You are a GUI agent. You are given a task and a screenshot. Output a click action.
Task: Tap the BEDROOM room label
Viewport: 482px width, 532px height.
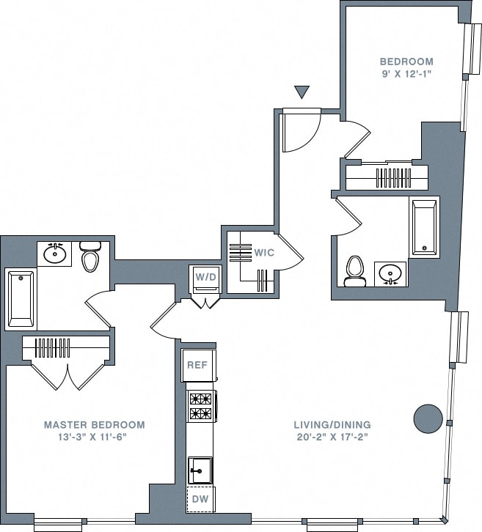[x=406, y=62]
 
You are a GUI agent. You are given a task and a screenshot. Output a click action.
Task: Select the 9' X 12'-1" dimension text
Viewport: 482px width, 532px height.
[x=406, y=74]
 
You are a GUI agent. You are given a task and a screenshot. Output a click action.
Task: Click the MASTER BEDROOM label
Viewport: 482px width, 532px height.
[x=94, y=424]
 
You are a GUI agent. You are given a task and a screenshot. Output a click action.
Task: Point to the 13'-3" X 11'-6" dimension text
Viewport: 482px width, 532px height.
[x=94, y=437]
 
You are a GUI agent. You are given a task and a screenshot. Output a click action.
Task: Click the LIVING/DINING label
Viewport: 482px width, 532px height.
[x=332, y=424]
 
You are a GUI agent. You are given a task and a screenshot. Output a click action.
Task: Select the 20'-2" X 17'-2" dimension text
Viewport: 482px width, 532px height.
[x=332, y=437]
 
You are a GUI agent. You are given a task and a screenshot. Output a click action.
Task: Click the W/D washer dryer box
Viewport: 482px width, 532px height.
[x=205, y=278]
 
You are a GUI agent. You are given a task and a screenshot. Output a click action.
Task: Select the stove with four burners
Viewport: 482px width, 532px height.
[x=201, y=407]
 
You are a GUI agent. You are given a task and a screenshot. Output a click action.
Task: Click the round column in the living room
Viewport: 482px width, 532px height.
[x=428, y=418]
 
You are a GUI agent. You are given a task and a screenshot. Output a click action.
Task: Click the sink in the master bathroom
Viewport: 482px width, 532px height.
[x=54, y=254]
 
